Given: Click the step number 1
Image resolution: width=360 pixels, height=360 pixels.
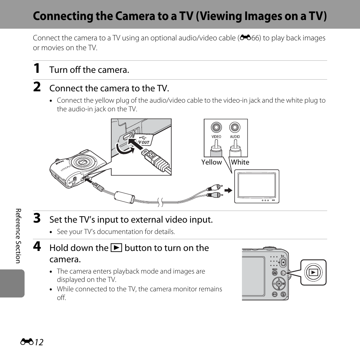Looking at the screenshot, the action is pos(37,68).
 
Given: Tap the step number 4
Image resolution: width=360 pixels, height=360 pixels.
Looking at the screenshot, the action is pos(37,246).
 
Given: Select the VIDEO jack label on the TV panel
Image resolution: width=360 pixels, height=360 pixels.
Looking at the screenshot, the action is pos(216,137).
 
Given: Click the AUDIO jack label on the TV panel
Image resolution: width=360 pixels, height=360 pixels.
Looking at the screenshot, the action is pos(235,137).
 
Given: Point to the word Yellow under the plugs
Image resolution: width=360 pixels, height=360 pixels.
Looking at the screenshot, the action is pos(211,162).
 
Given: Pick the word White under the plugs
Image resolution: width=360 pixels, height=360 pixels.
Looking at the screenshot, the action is pos(240,162).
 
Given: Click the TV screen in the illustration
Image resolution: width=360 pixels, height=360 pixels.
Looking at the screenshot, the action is pos(257,186).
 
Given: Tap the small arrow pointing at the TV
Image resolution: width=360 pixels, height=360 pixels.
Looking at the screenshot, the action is pos(228,190).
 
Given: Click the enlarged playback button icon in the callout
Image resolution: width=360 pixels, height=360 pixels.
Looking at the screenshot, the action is pos(313,272).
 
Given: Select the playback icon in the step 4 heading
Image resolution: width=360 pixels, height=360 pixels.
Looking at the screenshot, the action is pos(116,248).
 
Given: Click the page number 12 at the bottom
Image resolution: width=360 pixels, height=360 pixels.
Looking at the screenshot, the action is pos(39,342).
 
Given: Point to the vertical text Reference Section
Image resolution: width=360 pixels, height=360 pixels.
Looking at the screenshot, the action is pos(18,236).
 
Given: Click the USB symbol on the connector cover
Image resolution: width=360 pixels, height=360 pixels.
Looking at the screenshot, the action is pos(142,138).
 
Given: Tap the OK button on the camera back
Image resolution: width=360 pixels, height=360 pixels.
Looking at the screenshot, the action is pos(279,283).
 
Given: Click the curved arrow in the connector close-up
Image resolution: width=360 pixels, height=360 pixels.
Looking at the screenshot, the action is pos(125,149).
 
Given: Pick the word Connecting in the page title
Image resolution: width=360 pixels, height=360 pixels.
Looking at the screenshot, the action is pos(63,16).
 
